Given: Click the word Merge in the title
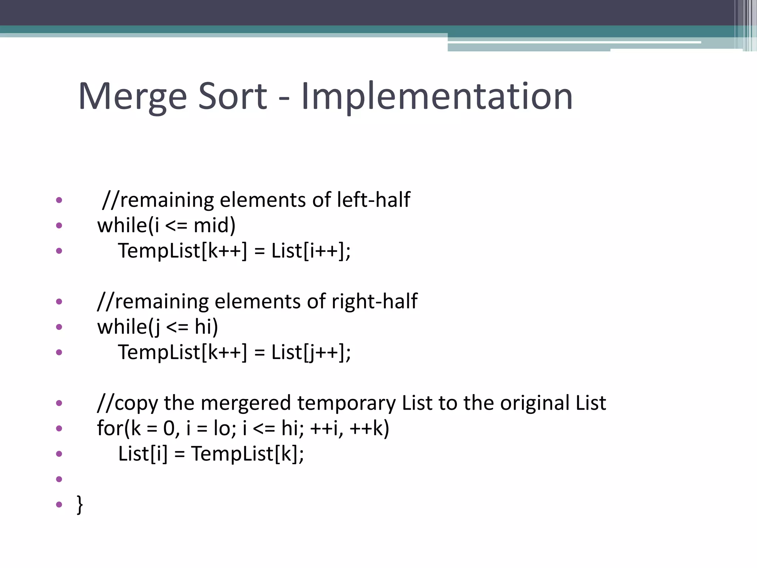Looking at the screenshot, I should [132, 97].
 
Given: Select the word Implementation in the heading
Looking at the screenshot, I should [437, 97].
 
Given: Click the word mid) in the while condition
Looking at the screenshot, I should [214, 225].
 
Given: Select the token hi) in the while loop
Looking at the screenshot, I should [206, 327].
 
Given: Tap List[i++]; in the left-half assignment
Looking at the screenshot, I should [311, 251].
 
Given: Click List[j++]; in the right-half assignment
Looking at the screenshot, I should [311, 352].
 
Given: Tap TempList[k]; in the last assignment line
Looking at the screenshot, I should [247, 454].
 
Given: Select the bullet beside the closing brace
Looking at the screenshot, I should [59, 504].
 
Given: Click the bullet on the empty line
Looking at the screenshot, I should [59, 479].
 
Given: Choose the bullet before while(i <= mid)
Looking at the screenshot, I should [59, 225].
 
